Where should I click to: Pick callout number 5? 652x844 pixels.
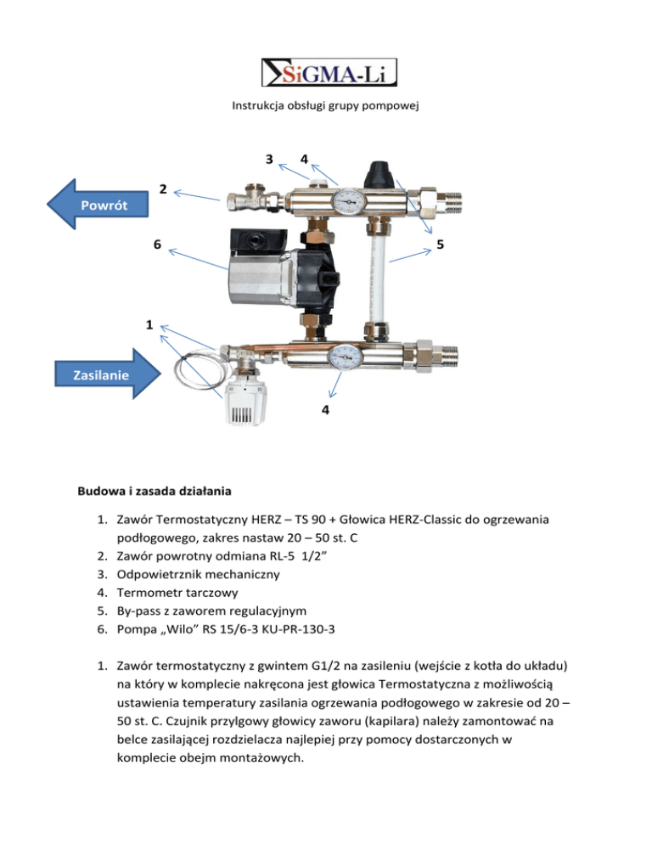click(441, 244)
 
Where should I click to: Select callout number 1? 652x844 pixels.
click(149, 324)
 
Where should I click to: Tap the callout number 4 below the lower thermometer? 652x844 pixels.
click(326, 410)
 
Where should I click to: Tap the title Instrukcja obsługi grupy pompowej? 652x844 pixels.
click(326, 107)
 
